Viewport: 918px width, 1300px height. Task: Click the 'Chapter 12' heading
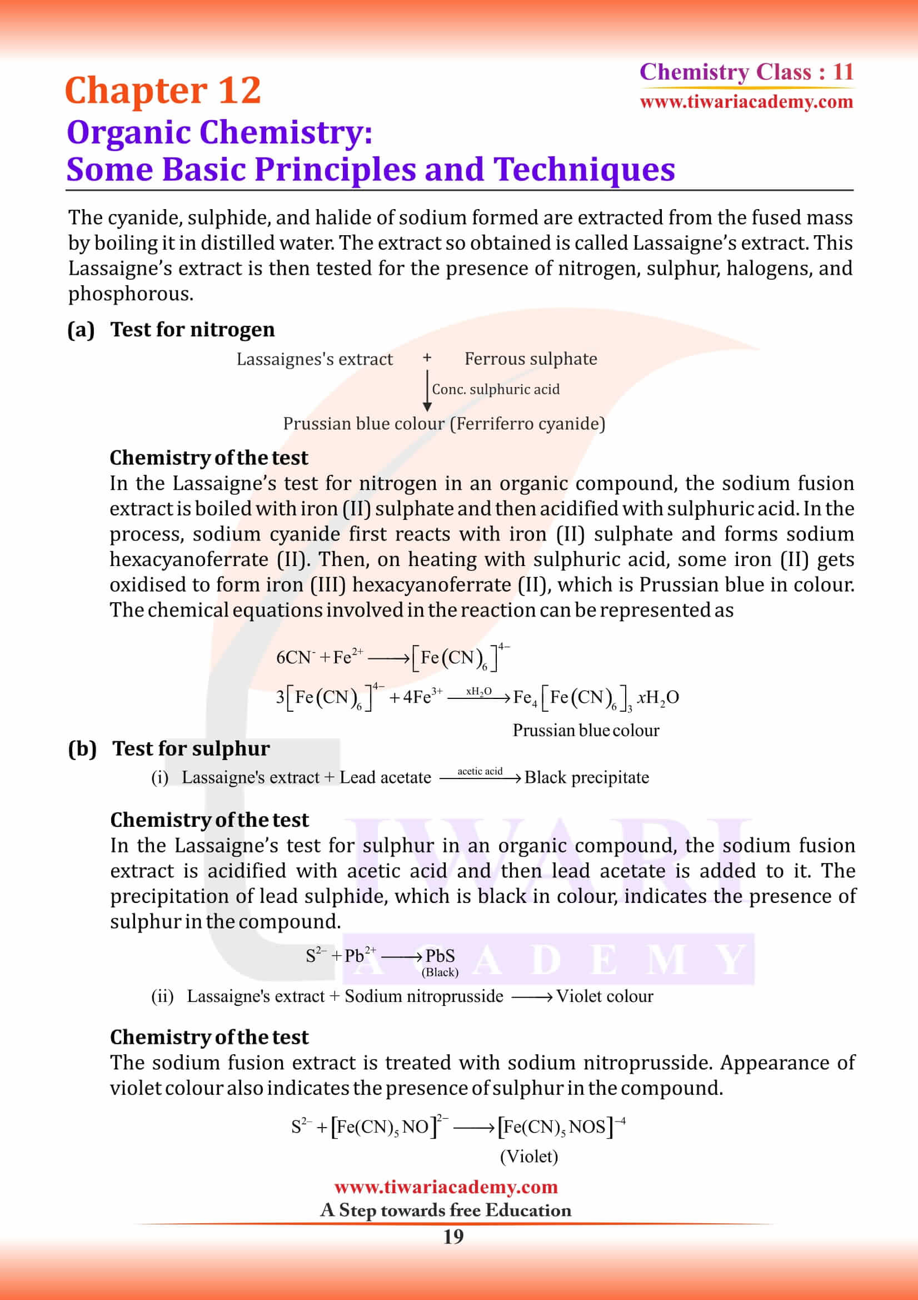click(x=162, y=91)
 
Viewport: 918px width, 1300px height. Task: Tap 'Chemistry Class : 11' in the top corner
click(x=746, y=72)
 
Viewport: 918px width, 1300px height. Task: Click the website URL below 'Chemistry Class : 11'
click(x=746, y=102)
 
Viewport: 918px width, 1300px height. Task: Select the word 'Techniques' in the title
click(x=584, y=169)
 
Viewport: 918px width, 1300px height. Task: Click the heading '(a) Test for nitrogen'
click(x=171, y=330)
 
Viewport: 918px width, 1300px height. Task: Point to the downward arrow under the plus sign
click(x=427, y=391)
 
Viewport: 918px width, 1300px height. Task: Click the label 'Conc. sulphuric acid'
click(x=495, y=390)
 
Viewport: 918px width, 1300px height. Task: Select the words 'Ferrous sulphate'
click(x=530, y=359)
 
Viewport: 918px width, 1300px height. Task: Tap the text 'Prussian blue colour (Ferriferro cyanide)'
click(x=444, y=424)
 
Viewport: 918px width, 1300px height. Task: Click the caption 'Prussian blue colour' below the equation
click(x=585, y=731)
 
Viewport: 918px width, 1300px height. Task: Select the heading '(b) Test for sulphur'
click(x=169, y=748)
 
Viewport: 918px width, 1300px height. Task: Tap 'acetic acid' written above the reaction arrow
click(x=480, y=771)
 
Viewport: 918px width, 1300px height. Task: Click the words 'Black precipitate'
click(x=586, y=778)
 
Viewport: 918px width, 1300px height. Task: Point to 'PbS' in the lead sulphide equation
click(x=440, y=956)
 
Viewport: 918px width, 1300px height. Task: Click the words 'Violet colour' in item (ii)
click(x=605, y=996)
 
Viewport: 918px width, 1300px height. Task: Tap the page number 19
click(x=453, y=1237)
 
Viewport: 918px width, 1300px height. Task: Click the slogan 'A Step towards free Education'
click(x=446, y=1210)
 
